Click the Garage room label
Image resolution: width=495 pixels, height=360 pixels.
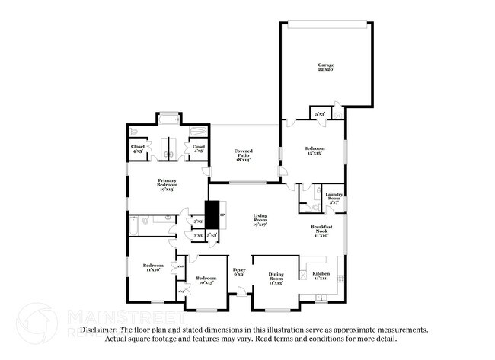[x=325, y=68]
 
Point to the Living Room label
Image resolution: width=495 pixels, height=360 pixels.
[x=260, y=220]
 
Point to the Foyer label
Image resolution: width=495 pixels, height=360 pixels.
[x=239, y=272]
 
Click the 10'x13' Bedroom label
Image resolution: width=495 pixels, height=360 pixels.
[x=206, y=281]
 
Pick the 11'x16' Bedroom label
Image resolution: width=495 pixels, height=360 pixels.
[x=153, y=267]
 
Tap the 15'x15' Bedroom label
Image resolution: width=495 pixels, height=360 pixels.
[x=315, y=150]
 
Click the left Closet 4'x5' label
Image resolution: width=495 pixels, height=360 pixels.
[x=138, y=148]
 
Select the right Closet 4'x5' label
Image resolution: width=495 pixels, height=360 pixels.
[x=199, y=148]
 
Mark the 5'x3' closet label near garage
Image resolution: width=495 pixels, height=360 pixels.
[x=321, y=114]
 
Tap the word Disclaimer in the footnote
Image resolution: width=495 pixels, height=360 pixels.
[x=103, y=330]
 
